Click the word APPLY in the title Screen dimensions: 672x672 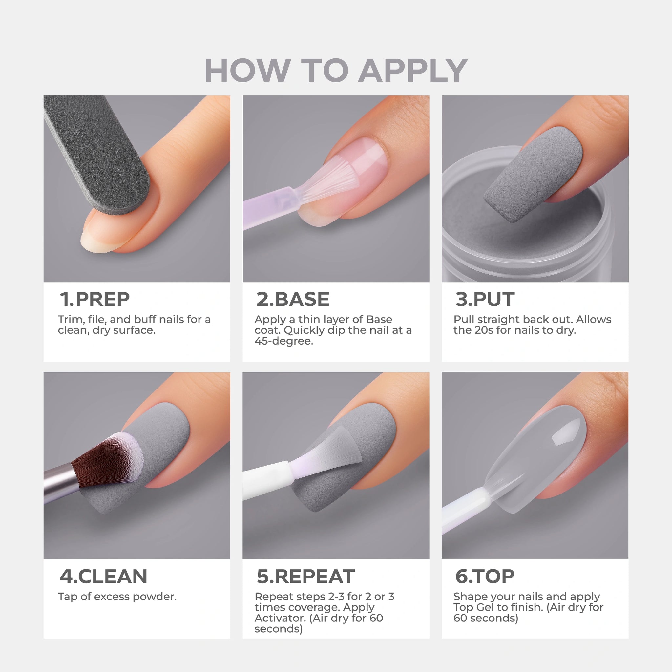(x=413, y=71)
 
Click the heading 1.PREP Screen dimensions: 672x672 (x=94, y=299)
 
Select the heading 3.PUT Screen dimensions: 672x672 (x=485, y=299)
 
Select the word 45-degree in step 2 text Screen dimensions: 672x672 (x=284, y=341)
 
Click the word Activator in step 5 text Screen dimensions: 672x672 (x=280, y=618)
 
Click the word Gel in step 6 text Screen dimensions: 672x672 (x=485, y=607)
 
